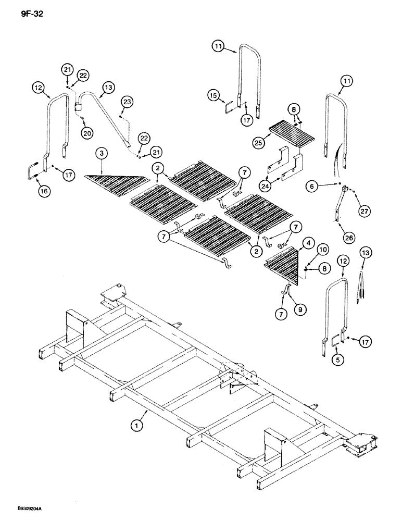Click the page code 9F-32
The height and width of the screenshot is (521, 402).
[26, 14]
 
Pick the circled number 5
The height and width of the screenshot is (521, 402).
[310, 184]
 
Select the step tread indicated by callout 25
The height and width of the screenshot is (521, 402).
[292, 133]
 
